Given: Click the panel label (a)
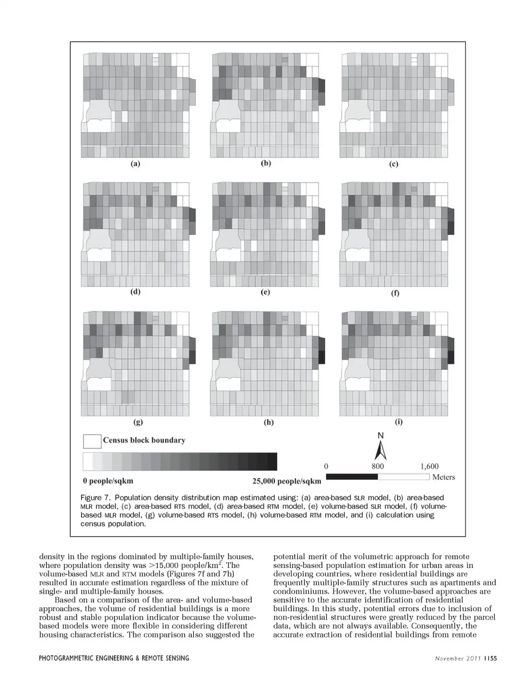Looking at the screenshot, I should (x=135, y=164).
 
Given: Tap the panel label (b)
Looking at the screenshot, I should (x=266, y=163).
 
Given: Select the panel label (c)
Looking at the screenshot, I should (x=393, y=164).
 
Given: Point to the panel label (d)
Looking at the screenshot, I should (x=135, y=292).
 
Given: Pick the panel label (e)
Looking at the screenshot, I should (x=265, y=292).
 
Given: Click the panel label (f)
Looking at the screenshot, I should (x=395, y=293).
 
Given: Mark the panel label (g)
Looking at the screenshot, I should (x=138, y=422).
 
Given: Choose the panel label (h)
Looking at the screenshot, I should (x=268, y=422).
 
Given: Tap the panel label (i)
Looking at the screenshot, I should (x=398, y=422).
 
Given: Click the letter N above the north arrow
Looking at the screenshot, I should (x=381, y=436).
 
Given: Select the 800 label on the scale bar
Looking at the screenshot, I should (x=378, y=466).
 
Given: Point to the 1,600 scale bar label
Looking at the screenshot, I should (x=429, y=466).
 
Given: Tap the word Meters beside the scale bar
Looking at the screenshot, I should (x=443, y=477).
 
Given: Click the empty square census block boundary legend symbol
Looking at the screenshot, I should (x=92, y=441).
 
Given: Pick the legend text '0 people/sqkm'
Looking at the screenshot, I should (x=108, y=481).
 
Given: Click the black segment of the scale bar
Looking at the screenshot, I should (x=352, y=477).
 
